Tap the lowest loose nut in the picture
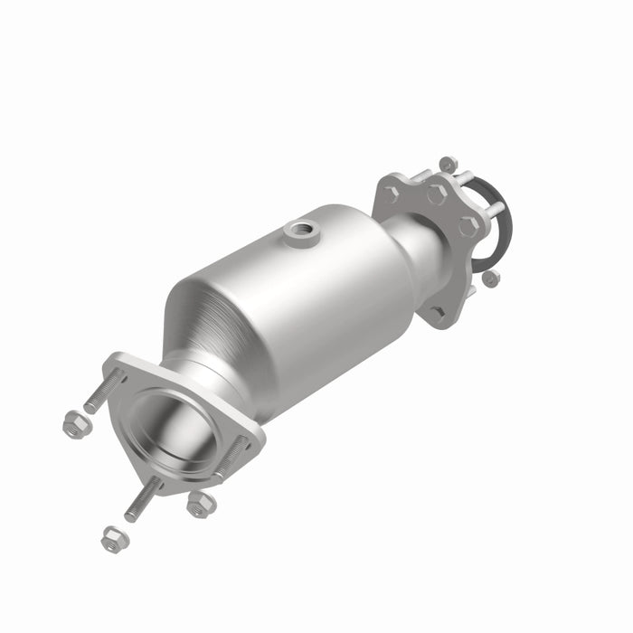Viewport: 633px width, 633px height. pos(114,540)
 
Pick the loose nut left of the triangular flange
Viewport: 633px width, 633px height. pos(76,422)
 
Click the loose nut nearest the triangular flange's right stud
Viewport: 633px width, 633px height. pos(200,503)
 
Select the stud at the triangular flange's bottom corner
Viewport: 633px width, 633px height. pos(143,500)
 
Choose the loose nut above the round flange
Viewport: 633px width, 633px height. pos(448,165)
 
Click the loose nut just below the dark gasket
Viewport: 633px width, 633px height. pos(490,278)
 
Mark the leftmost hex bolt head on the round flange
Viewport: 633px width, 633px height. pos(391,194)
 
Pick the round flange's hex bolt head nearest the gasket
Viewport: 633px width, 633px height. pos(469,226)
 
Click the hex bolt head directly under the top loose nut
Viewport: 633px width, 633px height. pos(437,194)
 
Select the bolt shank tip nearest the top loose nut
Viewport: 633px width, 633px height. pos(468,177)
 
